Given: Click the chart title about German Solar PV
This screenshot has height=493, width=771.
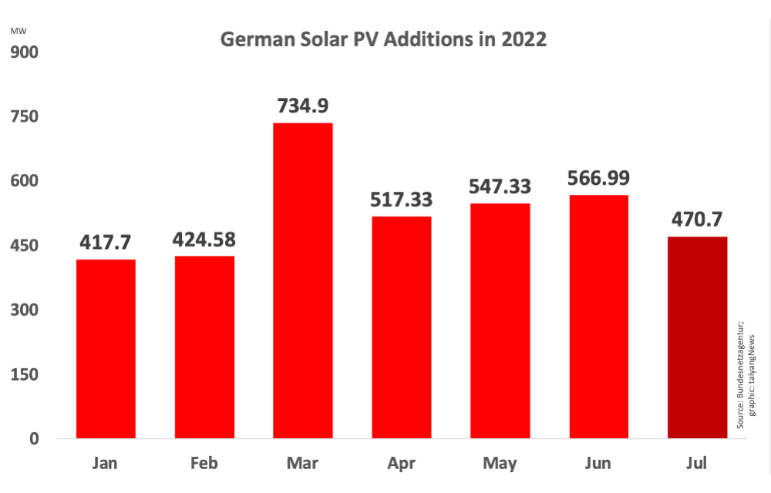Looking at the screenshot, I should coord(383,40).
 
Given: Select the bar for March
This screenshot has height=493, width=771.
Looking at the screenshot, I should coord(302,281).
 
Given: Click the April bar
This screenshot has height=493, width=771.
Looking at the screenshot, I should coord(401,327).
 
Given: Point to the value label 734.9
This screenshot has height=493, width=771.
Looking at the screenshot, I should coord(302,106).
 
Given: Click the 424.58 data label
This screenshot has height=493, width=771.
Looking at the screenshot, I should coord(204,239).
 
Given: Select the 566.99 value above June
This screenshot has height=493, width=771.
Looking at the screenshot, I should coord(598,178).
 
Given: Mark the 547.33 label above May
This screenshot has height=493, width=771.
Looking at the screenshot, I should coord(500,186).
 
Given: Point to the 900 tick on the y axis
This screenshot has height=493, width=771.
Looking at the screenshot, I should coord(24,52).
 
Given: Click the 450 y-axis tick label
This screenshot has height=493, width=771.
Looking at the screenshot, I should coord(24,246).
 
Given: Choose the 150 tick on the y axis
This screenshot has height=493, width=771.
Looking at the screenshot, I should coord(24,374).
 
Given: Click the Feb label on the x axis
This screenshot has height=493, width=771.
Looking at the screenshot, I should coord(204,464).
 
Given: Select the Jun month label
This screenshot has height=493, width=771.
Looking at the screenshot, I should coord(598,464).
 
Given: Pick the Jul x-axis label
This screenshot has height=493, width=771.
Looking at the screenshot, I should coord(696,464).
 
